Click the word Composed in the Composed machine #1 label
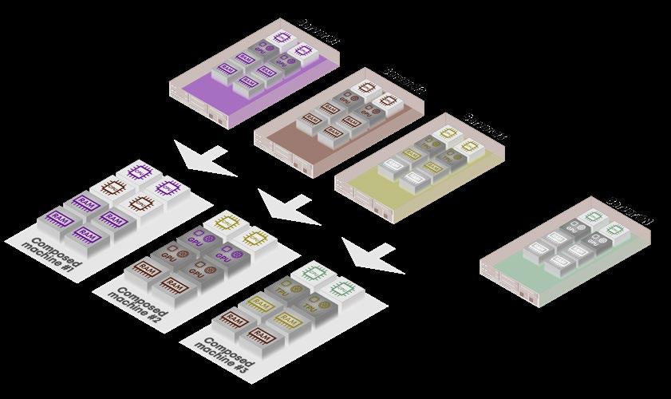coord(52,243)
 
